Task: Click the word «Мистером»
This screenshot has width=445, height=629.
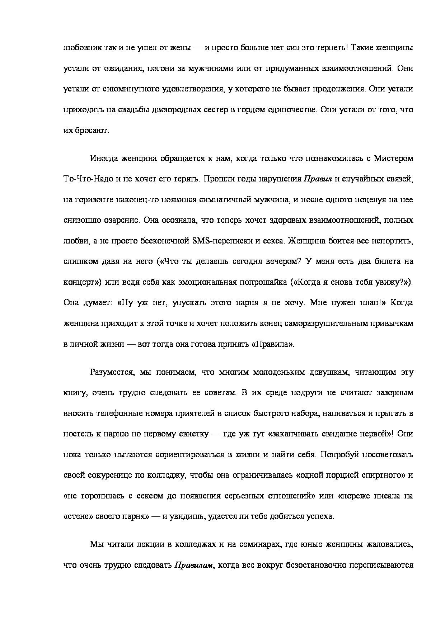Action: click(x=394, y=158)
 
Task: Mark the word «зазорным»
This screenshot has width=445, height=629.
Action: click(x=395, y=393)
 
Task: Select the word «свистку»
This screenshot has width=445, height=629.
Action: click(x=193, y=434)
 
